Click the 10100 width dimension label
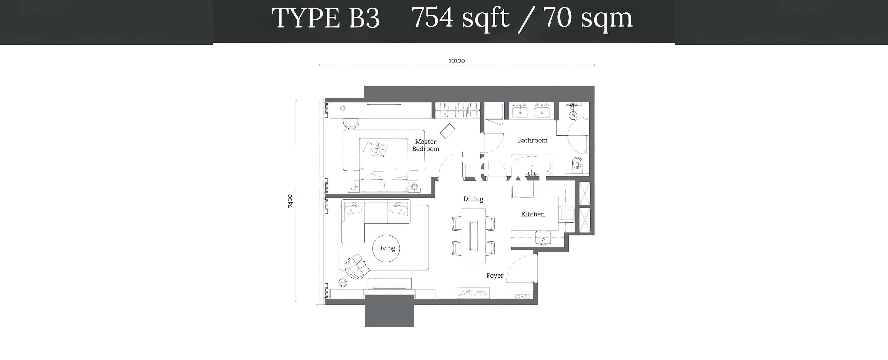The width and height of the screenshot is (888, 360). (x=456, y=61)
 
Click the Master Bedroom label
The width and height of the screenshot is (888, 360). (x=426, y=145)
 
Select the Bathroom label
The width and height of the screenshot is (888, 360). (x=532, y=140)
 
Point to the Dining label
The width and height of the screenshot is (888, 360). (x=473, y=199)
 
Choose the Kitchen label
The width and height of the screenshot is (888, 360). (x=533, y=214)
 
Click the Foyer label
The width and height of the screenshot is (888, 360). (x=495, y=276)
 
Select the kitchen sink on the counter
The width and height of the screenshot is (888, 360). (x=543, y=238)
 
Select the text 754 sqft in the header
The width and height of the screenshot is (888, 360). (x=460, y=18)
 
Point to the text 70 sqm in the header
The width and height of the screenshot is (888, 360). (x=588, y=18)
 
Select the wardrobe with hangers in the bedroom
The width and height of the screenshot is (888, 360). (x=457, y=110)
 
